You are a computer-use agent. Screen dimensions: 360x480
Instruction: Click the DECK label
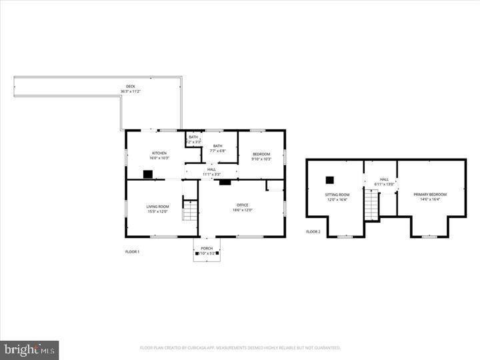[x=131, y=86]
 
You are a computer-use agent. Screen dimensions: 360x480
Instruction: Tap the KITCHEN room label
[x=159, y=153]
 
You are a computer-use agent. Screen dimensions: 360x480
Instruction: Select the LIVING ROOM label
[x=158, y=207]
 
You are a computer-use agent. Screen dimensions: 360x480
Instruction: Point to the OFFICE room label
[x=243, y=205]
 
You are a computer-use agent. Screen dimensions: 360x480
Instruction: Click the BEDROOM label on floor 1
[x=261, y=153]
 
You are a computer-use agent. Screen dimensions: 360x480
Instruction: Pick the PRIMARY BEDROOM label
[x=430, y=194]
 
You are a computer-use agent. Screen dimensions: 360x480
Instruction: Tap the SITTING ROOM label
[x=337, y=194]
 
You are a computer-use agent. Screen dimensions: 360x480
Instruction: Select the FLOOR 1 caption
[x=133, y=252]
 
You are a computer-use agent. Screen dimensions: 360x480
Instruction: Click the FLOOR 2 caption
[x=313, y=232]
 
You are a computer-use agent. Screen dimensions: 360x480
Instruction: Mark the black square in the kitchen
[x=148, y=175]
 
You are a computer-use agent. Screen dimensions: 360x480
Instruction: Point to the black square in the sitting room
[x=329, y=179]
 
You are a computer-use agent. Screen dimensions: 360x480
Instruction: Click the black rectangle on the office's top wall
[x=225, y=181]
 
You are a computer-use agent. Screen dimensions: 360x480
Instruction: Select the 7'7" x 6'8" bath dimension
[x=218, y=151]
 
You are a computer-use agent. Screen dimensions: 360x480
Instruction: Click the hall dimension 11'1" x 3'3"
[x=211, y=174]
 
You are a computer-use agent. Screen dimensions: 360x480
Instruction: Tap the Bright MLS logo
[x=29, y=350]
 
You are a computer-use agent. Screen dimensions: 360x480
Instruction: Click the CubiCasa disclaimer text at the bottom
[x=240, y=347]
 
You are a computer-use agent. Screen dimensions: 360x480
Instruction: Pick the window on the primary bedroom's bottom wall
[x=430, y=236]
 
